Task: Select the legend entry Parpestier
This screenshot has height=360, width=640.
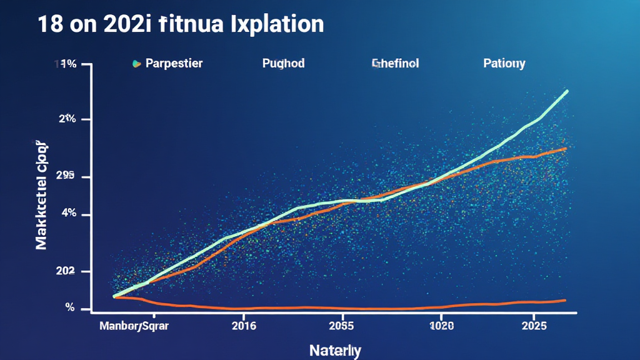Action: (174, 64)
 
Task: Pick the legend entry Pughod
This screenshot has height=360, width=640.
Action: (283, 64)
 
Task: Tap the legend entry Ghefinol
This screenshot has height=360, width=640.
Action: (396, 64)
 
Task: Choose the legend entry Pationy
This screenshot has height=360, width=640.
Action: (504, 64)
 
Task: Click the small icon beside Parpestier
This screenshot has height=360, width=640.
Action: (135, 64)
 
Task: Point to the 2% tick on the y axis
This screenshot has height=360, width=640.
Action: (67, 119)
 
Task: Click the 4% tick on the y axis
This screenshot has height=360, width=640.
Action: (67, 214)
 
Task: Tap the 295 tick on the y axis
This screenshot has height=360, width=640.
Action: (65, 177)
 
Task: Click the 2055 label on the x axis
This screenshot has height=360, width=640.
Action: (341, 326)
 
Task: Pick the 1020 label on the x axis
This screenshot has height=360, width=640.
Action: (441, 326)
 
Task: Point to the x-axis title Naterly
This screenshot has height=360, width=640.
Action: (336, 350)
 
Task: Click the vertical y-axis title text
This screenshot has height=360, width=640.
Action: (42, 196)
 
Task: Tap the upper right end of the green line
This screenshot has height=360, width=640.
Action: (566, 91)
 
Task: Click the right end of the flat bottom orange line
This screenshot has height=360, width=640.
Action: (564, 301)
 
